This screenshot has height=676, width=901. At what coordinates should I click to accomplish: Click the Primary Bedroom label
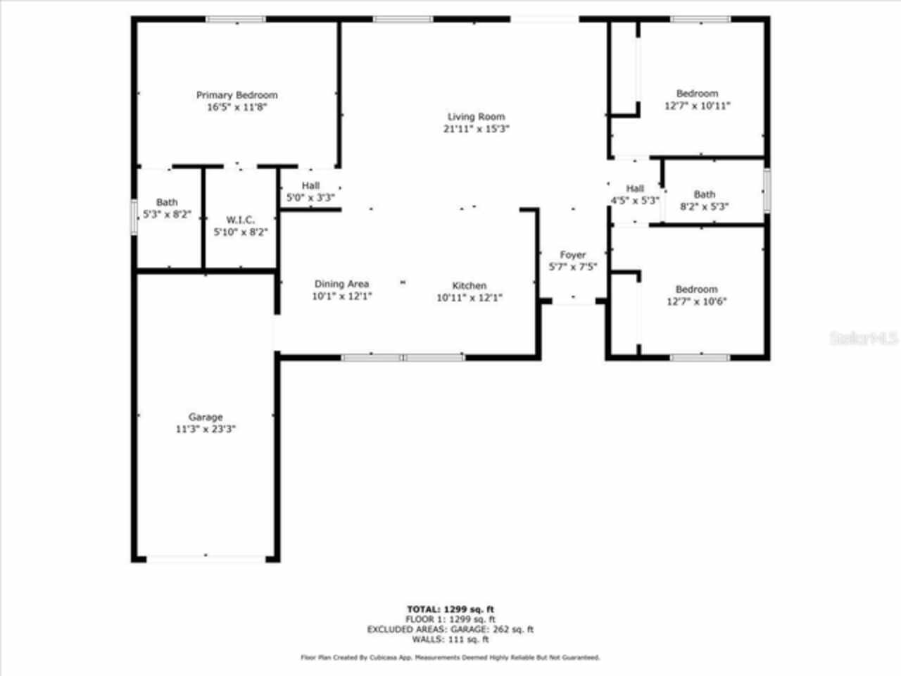[x=237, y=95]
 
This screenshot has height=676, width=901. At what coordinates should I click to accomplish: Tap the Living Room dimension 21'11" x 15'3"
[x=476, y=129]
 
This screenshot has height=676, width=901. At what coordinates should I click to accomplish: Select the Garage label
[x=206, y=417]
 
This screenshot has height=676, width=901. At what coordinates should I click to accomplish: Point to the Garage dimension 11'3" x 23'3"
[x=206, y=429]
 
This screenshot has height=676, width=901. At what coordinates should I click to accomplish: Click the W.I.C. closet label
[x=240, y=220]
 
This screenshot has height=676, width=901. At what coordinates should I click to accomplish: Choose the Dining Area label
[x=341, y=284]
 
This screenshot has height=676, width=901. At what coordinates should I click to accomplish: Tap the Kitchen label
[x=469, y=285]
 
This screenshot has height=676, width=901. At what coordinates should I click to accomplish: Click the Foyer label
[x=573, y=255]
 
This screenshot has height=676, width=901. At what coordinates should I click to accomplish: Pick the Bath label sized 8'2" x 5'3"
[x=705, y=194]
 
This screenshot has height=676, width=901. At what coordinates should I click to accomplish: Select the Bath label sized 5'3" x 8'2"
[x=167, y=202]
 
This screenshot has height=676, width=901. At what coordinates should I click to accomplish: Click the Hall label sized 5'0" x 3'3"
[x=310, y=186]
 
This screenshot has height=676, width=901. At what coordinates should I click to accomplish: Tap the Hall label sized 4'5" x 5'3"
[x=635, y=188]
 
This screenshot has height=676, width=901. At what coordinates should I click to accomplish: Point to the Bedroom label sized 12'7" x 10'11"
[x=697, y=93]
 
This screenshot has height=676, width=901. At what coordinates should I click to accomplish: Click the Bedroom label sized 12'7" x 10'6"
[x=697, y=289]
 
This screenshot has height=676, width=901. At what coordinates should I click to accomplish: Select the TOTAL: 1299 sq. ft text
[x=450, y=609]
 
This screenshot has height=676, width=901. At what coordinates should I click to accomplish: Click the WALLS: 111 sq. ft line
[x=450, y=639]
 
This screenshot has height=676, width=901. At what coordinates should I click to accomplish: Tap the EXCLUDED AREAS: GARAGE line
[x=450, y=630]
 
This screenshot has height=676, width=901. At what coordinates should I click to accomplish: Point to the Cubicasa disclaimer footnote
[x=450, y=657]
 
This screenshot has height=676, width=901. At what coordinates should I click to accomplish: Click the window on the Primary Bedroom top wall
[x=236, y=19]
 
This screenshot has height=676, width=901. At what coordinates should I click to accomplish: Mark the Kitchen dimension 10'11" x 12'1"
[x=469, y=297]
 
